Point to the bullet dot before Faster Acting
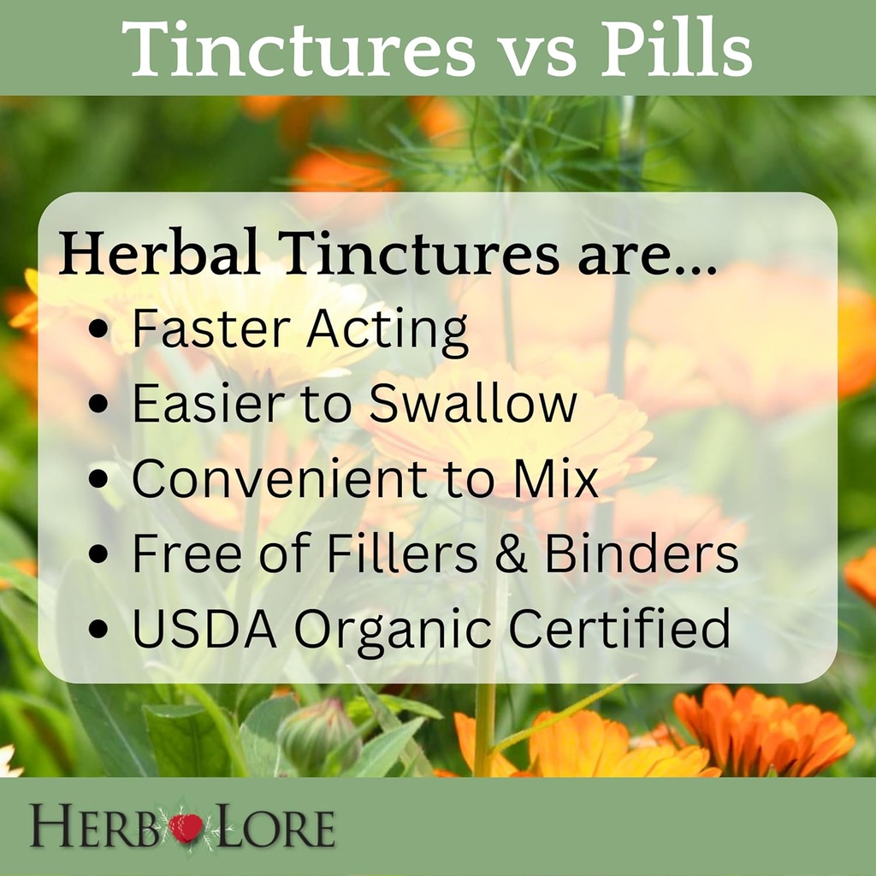coord(99,330)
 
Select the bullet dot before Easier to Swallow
coord(99,405)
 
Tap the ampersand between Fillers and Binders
coord(512,553)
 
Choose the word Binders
coord(642,553)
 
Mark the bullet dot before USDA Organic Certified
coord(99,629)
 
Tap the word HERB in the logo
coord(94,828)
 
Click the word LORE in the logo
coord(272,828)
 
